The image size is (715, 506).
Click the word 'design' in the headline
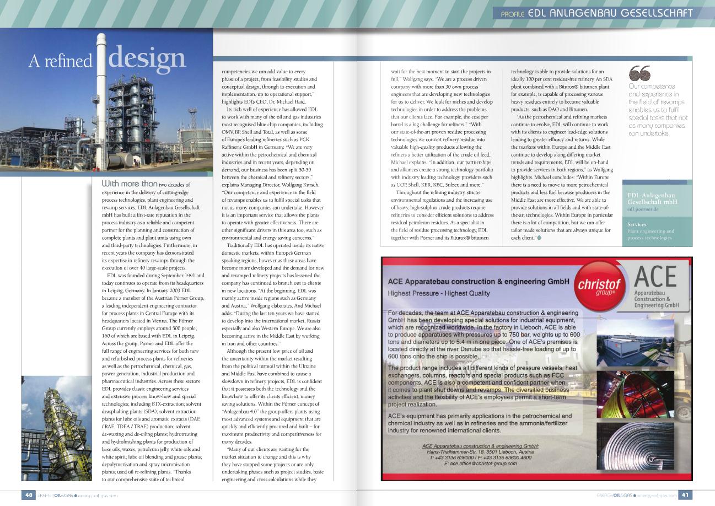point(147,58)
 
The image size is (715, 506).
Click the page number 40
point(29,495)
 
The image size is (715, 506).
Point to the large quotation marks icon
point(639,73)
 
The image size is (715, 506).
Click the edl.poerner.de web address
point(643,209)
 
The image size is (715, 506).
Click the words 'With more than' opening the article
point(130,184)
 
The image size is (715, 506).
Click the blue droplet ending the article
point(538,238)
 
